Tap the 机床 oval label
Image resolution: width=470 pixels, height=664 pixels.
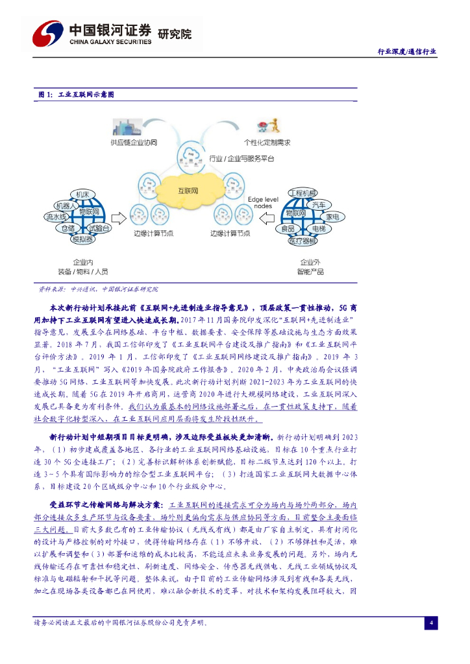pyautogui.click(x=82, y=195)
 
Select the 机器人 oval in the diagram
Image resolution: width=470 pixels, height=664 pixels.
pyautogui.click(x=66, y=206)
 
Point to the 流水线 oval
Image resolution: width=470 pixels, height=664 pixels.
pyautogui.click(x=56, y=217)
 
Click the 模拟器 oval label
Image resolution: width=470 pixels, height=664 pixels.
pyautogui.click(x=82, y=239)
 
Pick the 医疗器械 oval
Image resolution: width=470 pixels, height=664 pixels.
pyautogui.click(x=303, y=241)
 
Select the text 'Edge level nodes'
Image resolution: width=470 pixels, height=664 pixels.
pyautogui.click(x=262, y=202)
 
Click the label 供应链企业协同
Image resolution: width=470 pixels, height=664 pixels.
pyautogui.click(x=134, y=142)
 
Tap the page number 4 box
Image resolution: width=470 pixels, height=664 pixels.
pyautogui.click(x=430, y=623)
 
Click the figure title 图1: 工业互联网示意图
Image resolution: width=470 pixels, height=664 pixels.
pyautogui.click(x=76, y=95)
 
